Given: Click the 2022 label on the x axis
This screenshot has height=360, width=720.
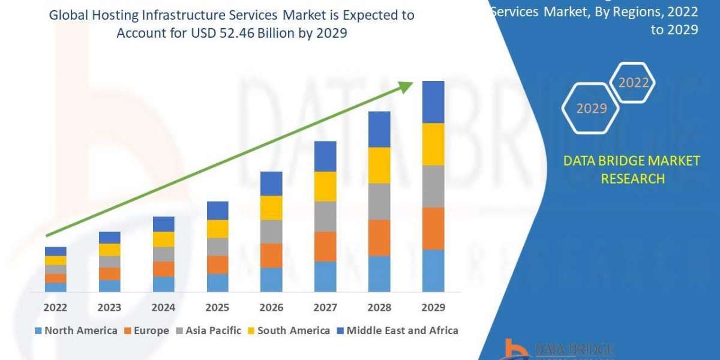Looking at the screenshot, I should coord(55,307).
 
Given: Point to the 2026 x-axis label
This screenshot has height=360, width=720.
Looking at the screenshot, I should coord(271,307).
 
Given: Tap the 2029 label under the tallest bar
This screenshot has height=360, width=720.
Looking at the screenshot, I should coord(433,307).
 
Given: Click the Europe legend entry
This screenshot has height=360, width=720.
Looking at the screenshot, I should coord(147,331).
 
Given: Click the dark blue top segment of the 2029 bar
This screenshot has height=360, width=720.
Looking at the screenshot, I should coord(433,102).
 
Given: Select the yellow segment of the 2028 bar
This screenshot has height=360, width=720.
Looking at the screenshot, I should coord(379,165).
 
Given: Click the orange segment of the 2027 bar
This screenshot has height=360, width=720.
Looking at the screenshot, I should coord(325,246).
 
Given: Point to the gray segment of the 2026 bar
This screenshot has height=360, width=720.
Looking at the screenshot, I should coord(271,232).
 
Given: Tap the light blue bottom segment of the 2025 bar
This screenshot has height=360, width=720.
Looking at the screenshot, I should coord(217,283).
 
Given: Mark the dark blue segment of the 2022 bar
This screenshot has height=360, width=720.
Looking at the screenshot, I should coord(55,251).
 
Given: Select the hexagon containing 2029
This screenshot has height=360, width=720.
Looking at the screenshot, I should coord(591,108).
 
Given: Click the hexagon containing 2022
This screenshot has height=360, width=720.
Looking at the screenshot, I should coord(633,83).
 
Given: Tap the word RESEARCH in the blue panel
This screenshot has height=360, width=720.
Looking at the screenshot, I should coord(632,179).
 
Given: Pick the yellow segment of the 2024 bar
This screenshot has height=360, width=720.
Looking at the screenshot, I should coord(163,239).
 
